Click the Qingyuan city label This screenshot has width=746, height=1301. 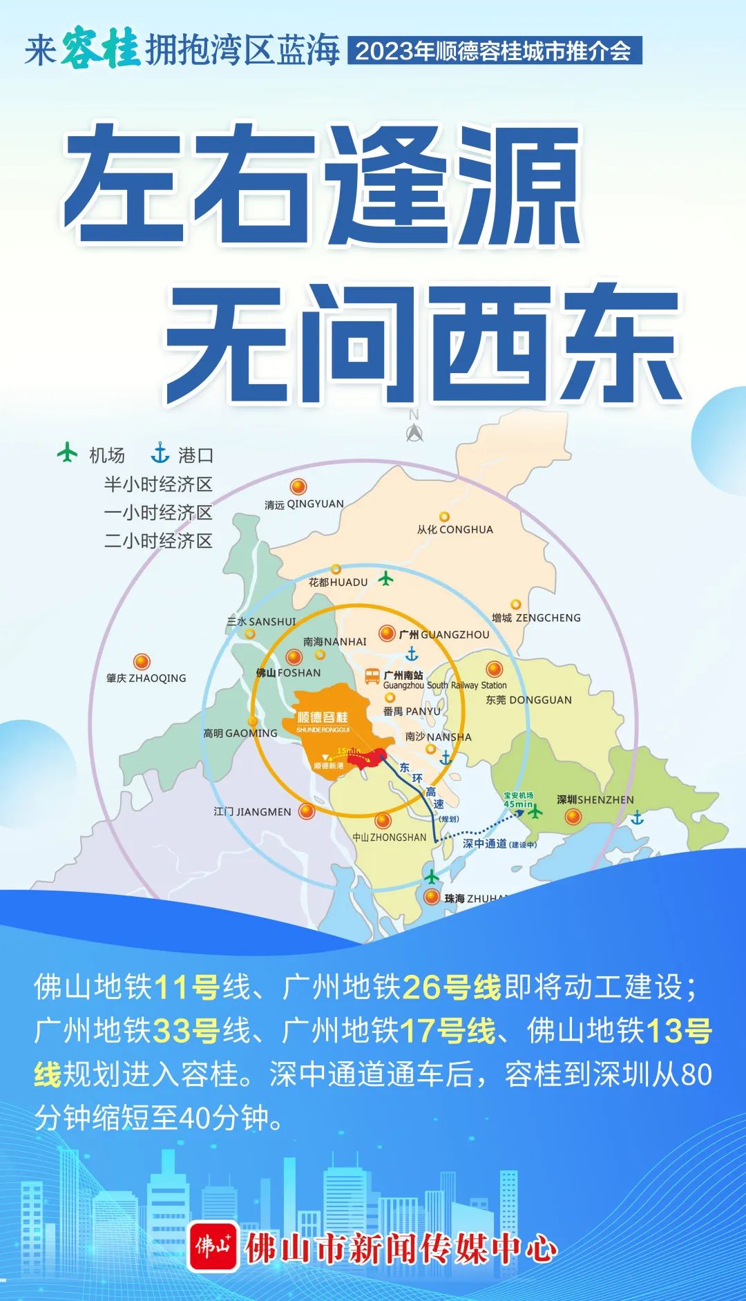coord(304,504)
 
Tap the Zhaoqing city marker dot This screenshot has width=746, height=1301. coord(142,662)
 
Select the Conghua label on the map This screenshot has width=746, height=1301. coord(455,530)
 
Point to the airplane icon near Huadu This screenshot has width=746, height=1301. coord(385,578)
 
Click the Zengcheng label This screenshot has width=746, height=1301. coord(536,618)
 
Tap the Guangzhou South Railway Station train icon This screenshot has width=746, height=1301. coord(372,676)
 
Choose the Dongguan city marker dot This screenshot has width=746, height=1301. coord(494,669)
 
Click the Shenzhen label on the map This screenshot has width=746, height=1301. coord(595,799)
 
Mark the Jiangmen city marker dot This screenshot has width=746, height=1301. coord(307,811)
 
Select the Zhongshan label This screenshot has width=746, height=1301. coord(390,837)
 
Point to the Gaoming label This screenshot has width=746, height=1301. coord(240,733)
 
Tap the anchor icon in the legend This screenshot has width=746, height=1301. coord(160,453)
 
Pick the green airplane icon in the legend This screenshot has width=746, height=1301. coord(67,453)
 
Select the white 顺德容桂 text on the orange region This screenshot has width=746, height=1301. coord(323,717)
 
